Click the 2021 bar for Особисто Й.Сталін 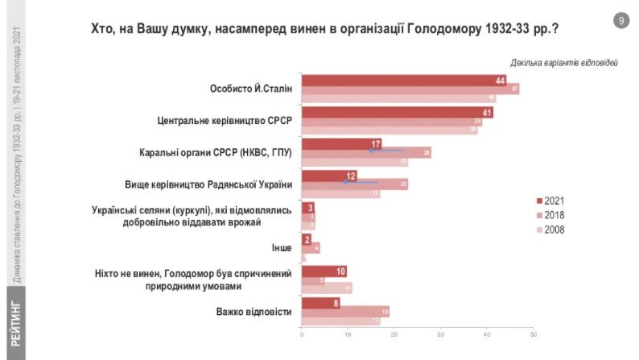(402, 80)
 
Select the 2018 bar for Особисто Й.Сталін (410, 89)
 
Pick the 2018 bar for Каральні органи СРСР (366, 152)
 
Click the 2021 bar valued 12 (328, 176)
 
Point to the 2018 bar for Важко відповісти (345, 312)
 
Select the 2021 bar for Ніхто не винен (324, 271)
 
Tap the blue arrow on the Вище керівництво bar (360, 183)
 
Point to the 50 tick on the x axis (533, 333)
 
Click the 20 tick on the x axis (394, 333)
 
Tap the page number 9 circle (620, 21)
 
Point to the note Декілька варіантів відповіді (563, 63)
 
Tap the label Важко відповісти (254, 312)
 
